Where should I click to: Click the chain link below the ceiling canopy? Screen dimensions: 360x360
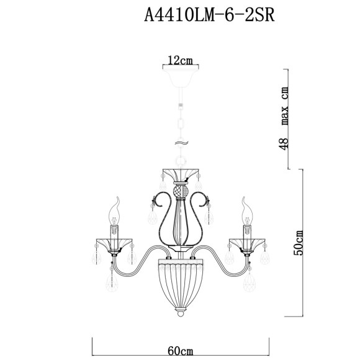(180, 121)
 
